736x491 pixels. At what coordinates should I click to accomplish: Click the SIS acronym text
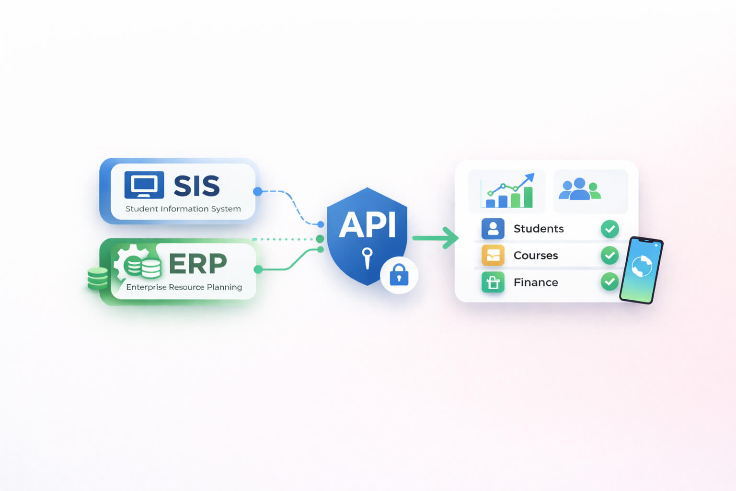196,186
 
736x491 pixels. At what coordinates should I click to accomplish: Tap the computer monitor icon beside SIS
144,185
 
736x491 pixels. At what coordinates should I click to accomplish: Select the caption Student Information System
183,209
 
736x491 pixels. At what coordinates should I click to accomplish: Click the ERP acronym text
198,264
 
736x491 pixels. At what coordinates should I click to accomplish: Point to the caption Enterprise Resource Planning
184,287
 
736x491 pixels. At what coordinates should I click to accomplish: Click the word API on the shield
368,225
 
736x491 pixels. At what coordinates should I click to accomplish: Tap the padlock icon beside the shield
399,275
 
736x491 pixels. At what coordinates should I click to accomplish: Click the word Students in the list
539,229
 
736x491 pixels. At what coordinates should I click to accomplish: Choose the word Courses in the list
536,256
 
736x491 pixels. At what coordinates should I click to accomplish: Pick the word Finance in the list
536,282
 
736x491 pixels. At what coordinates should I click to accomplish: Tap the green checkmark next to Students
609,229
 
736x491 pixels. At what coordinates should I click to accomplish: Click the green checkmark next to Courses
609,256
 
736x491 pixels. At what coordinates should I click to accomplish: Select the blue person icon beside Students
493,229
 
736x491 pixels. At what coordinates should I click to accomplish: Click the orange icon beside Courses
493,256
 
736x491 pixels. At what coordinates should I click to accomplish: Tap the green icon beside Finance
493,282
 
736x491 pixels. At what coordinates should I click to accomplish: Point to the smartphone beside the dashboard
641,270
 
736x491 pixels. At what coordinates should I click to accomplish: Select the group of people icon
580,189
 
